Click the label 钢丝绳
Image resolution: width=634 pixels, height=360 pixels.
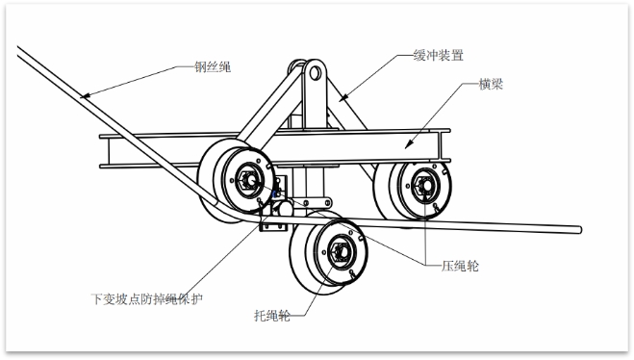click(213, 66)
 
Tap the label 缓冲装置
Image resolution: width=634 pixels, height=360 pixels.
click(439, 55)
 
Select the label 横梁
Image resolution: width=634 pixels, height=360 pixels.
click(491, 84)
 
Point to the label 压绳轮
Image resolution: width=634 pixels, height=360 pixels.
click(460, 266)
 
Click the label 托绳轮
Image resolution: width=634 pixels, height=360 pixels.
click(271, 315)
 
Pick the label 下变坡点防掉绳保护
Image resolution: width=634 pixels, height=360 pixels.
click(146, 299)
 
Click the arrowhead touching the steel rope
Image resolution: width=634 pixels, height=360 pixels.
click(84, 96)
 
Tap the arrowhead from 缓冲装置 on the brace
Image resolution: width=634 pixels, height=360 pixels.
click(342, 97)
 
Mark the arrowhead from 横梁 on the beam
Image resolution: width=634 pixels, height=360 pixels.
click(409, 144)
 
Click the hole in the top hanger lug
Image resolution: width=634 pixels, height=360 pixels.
click(315, 73)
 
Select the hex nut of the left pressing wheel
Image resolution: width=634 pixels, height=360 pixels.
click(246, 180)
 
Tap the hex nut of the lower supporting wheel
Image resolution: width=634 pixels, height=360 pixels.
click(339, 252)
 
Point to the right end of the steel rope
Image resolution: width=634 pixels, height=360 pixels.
click(580, 230)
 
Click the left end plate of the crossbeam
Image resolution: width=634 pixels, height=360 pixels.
click(104, 151)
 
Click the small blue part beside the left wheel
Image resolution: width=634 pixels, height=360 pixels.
click(275, 194)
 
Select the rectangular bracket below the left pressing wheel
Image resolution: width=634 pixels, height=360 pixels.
click(273, 223)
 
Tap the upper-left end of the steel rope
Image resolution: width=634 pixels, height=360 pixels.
click(19, 51)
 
